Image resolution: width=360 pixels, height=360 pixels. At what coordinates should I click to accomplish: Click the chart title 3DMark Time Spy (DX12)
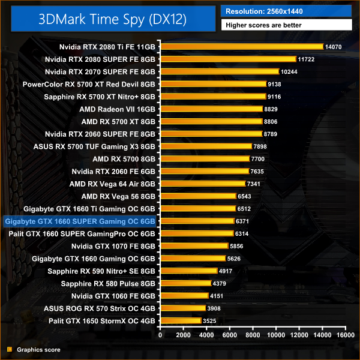coord(112,18)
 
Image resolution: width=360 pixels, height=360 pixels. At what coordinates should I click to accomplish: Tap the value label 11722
coord(305,59)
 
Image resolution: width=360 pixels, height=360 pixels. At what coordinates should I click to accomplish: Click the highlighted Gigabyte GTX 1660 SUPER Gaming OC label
coord(80,221)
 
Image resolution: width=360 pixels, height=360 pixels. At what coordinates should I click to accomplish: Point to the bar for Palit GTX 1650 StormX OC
coord(181,321)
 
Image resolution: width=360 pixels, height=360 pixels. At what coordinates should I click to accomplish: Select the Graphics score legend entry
coord(37,349)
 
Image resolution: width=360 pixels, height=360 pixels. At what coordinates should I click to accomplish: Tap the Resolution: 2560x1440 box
coord(286,11)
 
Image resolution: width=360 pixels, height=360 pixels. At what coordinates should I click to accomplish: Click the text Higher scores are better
coord(263,25)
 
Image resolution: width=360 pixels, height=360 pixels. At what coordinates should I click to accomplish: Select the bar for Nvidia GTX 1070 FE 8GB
coord(194,246)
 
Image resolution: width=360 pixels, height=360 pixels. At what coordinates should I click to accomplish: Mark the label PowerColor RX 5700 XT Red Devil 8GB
coord(89,84)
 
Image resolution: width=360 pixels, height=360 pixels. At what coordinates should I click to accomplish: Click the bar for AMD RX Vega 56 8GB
coord(198,196)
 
